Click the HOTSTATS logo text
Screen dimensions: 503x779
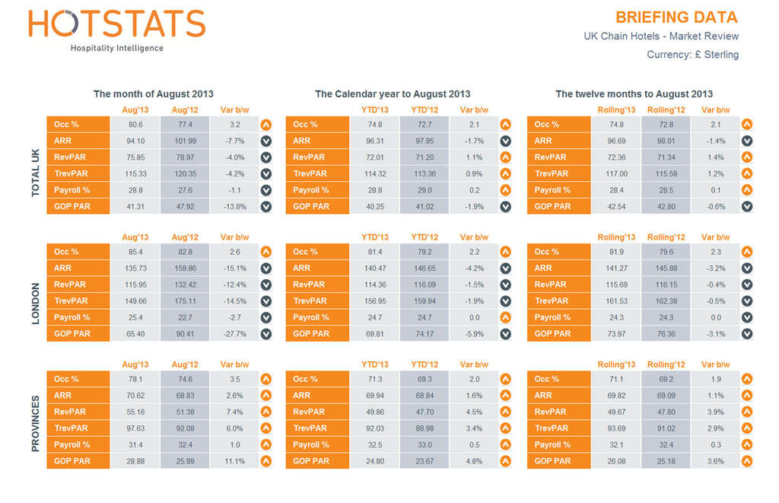pyautogui.click(x=116, y=24)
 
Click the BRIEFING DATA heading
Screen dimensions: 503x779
pyautogui.click(x=676, y=18)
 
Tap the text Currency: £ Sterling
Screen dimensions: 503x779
pyautogui.click(x=692, y=55)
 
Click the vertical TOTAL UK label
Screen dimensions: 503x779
pyautogui.click(x=36, y=174)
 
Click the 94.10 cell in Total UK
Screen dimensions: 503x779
pyautogui.click(x=135, y=141)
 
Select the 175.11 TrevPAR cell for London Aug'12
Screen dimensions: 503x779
pyautogui.click(x=184, y=301)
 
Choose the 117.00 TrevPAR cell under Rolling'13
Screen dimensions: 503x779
pyautogui.click(x=616, y=174)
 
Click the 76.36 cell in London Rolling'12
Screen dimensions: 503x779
pyautogui.click(x=666, y=334)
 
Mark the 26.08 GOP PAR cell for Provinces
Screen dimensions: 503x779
pyautogui.click(x=616, y=461)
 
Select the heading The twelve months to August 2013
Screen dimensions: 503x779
pyautogui.click(x=634, y=94)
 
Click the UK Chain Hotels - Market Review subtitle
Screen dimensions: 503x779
pyautogui.click(x=660, y=37)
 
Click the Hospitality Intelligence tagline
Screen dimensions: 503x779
pyautogui.click(x=116, y=49)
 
